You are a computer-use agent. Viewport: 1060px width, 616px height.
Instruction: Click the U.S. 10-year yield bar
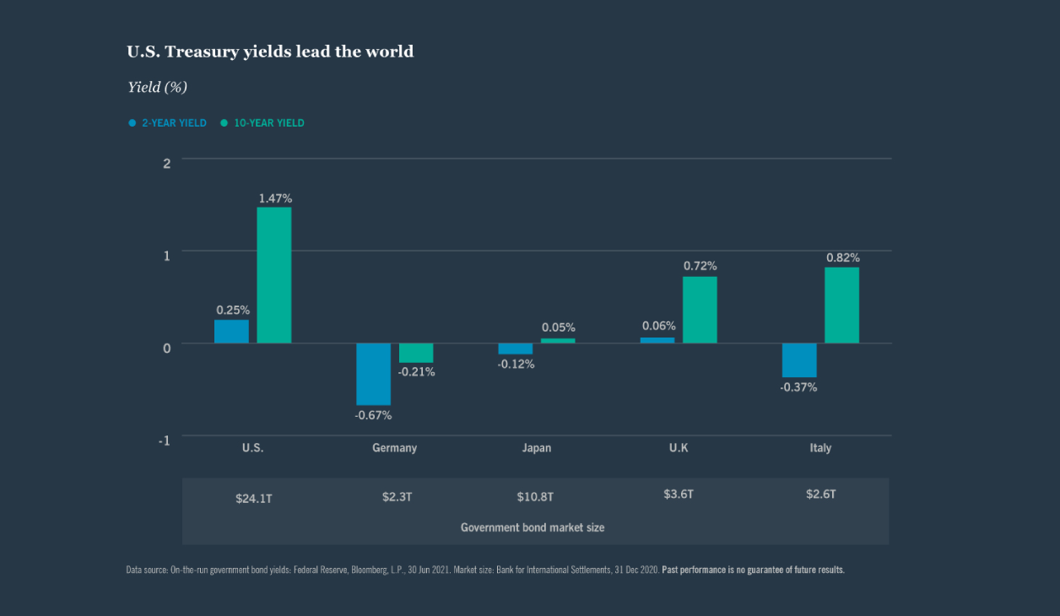(x=274, y=275)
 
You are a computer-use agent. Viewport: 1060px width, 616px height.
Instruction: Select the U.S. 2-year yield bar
(x=231, y=332)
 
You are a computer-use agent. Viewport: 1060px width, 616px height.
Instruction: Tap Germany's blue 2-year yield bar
(x=373, y=374)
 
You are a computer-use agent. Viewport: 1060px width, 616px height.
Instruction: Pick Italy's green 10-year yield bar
(x=841, y=305)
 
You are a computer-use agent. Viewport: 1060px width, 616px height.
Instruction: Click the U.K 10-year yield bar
(x=700, y=310)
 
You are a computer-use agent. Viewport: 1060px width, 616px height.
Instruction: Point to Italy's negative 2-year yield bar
(x=799, y=360)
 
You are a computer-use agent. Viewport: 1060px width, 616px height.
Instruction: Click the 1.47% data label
(x=275, y=198)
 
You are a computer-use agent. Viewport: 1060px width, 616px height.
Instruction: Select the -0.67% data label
(x=373, y=415)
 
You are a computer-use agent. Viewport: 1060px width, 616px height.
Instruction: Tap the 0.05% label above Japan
(x=558, y=327)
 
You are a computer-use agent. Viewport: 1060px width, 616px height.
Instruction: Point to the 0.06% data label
(x=658, y=326)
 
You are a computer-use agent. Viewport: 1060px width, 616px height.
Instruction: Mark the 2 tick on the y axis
(x=166, y=163)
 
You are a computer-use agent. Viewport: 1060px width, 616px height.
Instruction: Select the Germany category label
(x=394, y=448)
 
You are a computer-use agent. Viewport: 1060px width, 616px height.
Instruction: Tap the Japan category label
(x=537, y=448)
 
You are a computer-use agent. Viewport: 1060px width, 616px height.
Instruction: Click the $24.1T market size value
(x=254, y=499)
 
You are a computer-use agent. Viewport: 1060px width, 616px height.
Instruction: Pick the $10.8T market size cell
(x=535, y=496)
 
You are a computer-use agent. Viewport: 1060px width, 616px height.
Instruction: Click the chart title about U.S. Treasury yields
(x=270, y=51)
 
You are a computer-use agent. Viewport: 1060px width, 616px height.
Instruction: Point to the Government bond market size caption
(x=533, y=527)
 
